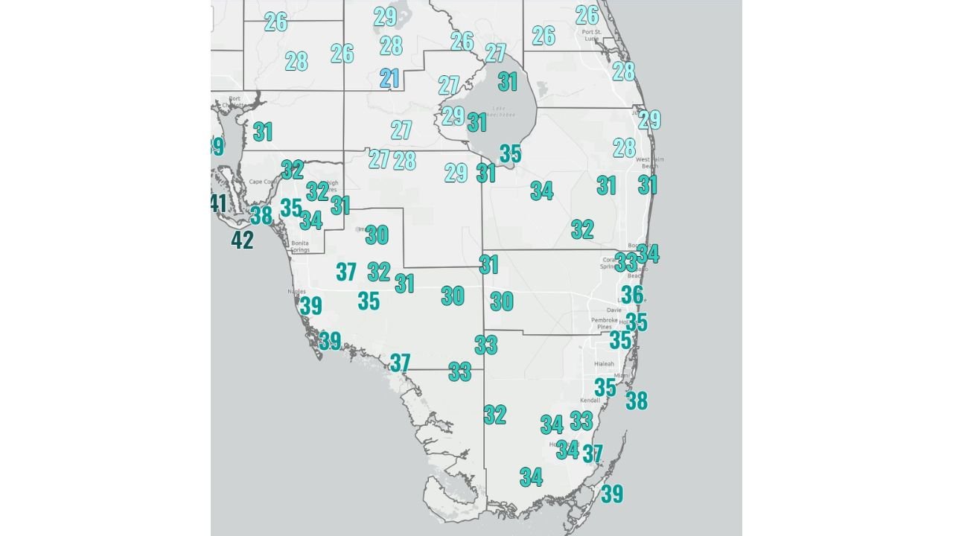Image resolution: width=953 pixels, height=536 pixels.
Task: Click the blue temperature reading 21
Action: tap(389, 78)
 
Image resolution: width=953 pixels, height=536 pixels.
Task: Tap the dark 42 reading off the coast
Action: tap(242, 240)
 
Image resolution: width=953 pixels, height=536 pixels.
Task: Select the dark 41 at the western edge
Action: tap(218, 202)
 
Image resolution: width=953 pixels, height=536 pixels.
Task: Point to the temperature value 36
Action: tap(632, 295)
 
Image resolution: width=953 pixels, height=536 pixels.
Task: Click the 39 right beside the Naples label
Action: tap(311, 305)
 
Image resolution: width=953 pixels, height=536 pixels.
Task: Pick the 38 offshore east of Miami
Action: tap(637, 401)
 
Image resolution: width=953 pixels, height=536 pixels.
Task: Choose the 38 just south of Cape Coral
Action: tap(261, 216)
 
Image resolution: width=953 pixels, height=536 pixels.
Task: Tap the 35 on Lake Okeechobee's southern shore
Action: tap(510, 153)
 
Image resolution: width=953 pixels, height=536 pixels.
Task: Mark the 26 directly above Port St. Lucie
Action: tap(587, 15)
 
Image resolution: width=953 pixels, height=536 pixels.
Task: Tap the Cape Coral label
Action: tap(263, 182)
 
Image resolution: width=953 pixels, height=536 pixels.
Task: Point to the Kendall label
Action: tap(590, 400)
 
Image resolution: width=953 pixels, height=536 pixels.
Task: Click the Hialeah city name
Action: tap(604, 363)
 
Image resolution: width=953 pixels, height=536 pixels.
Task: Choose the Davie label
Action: tap(614, 310)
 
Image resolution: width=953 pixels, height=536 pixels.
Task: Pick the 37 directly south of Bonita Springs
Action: tap(345, 272)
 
